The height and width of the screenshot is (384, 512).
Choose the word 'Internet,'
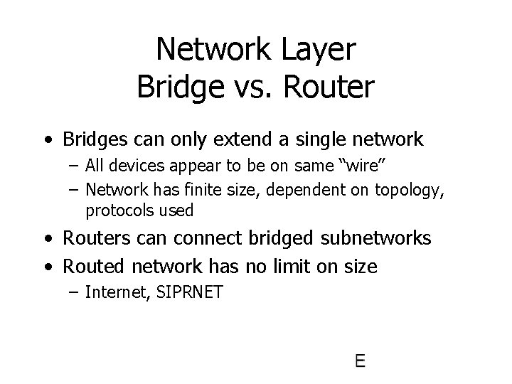pos(116,293)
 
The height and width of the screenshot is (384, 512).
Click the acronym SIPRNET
pos(188,293)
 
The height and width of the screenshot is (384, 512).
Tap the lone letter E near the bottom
pos(360,361)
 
